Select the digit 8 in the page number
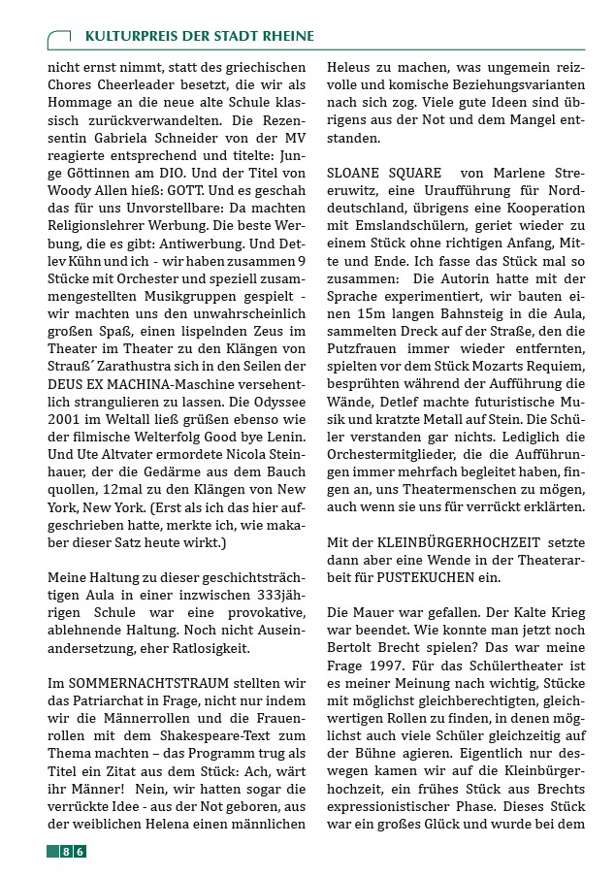point(66,851)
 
